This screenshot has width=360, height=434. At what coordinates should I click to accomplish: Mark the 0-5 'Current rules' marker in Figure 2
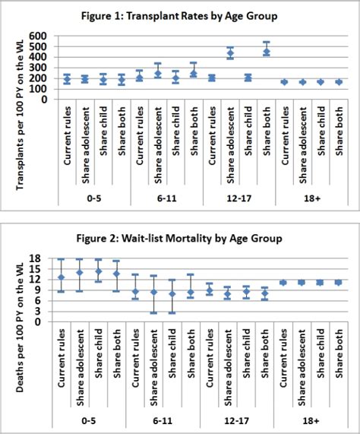point(61,277)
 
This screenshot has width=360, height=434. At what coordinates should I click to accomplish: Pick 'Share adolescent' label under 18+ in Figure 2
point(303,370)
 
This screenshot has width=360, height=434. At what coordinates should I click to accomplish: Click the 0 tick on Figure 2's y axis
point(44,322)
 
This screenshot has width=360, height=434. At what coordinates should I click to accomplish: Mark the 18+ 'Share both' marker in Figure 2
point(339,282)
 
